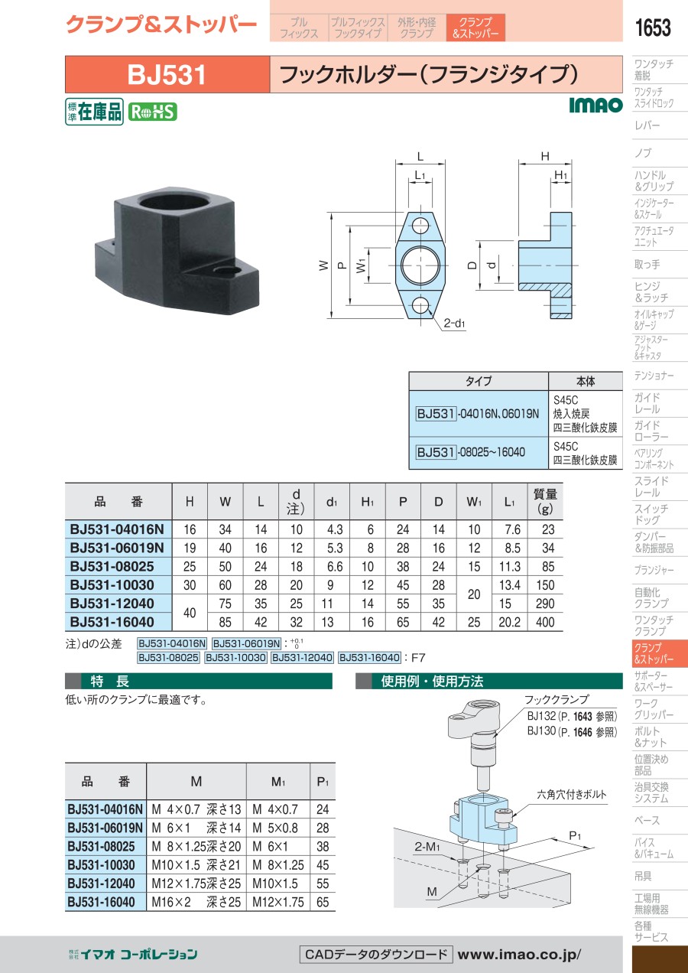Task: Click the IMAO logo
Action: point(596,105)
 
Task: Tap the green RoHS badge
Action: point(152,112)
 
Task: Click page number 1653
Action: point(653,28)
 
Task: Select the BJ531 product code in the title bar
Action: point(167,75)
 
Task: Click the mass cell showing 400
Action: point(545,622)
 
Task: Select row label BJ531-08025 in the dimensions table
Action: point(112,566)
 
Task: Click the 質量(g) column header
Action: point(545,501)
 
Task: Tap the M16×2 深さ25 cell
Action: point(196,902)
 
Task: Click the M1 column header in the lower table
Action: point(277,782)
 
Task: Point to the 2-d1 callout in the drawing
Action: point(455,323)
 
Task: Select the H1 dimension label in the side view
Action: point(561,174)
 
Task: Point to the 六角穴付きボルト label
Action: point(572,795)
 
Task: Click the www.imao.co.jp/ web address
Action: point(519,955)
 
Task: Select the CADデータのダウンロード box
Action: point(376,955)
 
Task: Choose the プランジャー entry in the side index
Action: point(654,570)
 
